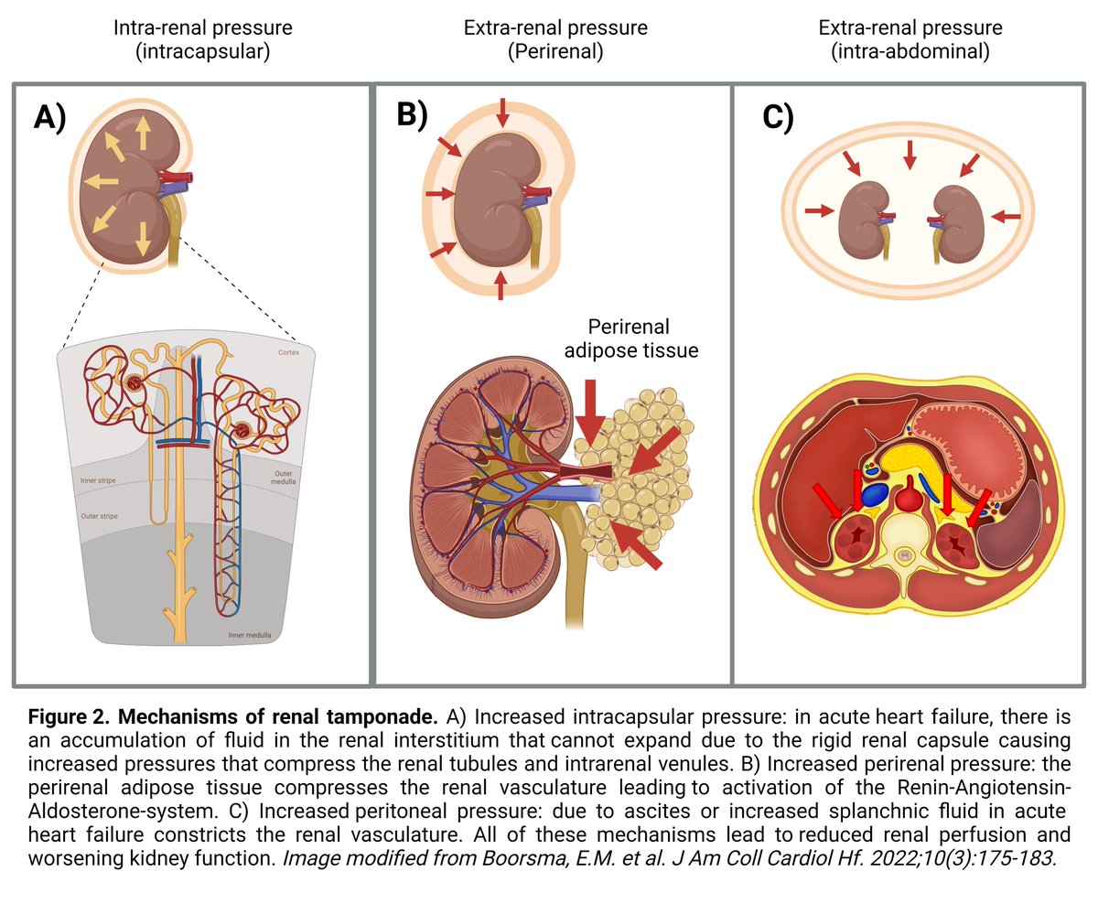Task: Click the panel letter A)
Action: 49,119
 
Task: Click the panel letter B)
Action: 412,115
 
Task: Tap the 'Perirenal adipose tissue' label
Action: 641,338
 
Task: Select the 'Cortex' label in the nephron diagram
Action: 290,352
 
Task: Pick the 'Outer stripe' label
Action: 96,516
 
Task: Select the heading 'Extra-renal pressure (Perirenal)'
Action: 555,39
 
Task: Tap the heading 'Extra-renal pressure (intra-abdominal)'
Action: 910,39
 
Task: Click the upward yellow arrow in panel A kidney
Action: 143,134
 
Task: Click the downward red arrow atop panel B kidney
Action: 501,113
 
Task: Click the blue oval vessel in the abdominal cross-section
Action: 875,495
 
